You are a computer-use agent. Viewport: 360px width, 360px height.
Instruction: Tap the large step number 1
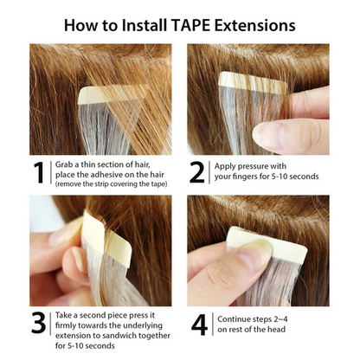point(37,172)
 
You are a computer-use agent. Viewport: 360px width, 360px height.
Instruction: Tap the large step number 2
point(197,172)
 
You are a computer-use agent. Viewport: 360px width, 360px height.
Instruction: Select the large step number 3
point(37,322)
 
